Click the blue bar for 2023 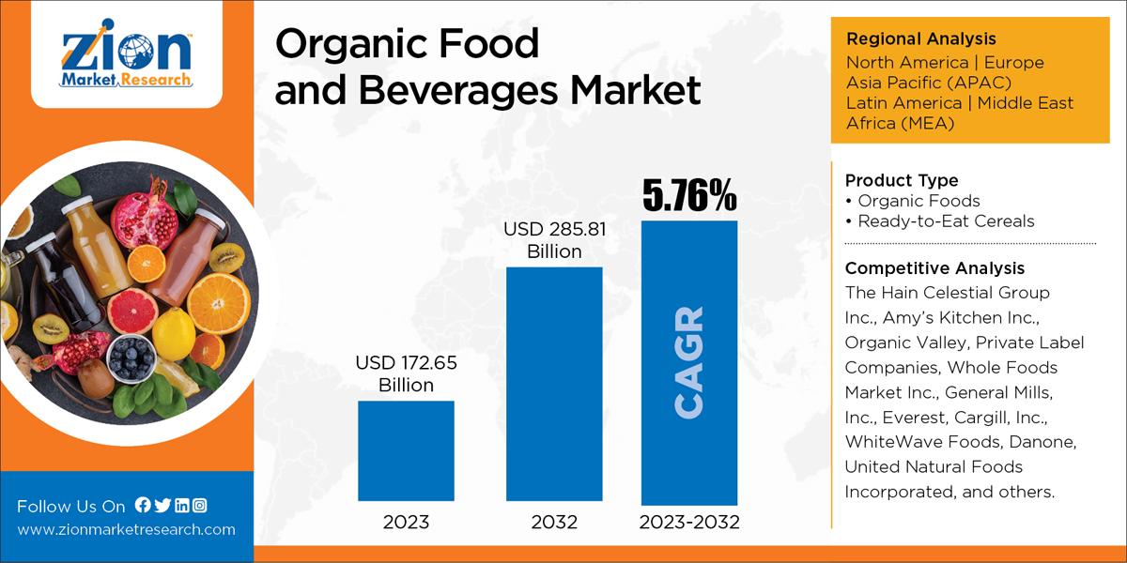tap(406, 450)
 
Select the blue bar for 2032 tap(554, 385)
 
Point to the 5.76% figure tap(688, 195)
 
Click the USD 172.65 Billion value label tap(406, 373)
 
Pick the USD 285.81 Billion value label tap(554, 239)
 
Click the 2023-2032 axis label tap(688, 523)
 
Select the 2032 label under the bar tap(554, 523)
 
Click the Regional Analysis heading tap(920, 38)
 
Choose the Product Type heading tap(902, 179)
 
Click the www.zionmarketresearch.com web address tap(126, 529)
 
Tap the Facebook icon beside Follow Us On tap(143, 505)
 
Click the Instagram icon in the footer tap(199, 505)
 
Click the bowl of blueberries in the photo tap(131, 357)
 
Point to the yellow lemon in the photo tap(174, 333)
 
